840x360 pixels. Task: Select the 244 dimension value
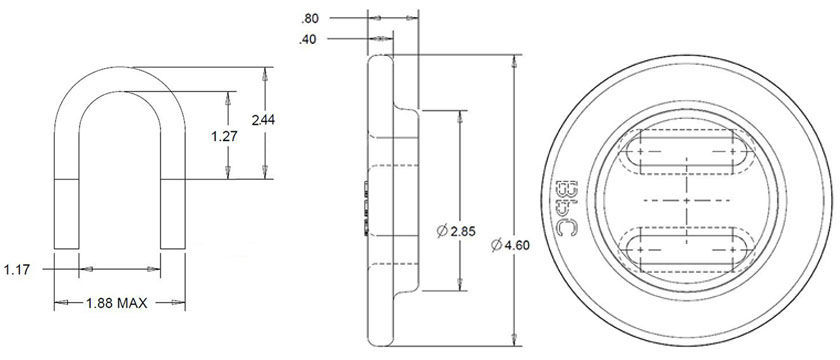click(264, 120)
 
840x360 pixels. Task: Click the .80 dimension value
click(311, 18)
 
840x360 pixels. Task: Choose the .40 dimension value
click(311, 40)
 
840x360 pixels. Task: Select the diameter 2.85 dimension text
click(456, 231)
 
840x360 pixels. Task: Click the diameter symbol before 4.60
click(496, 243)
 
